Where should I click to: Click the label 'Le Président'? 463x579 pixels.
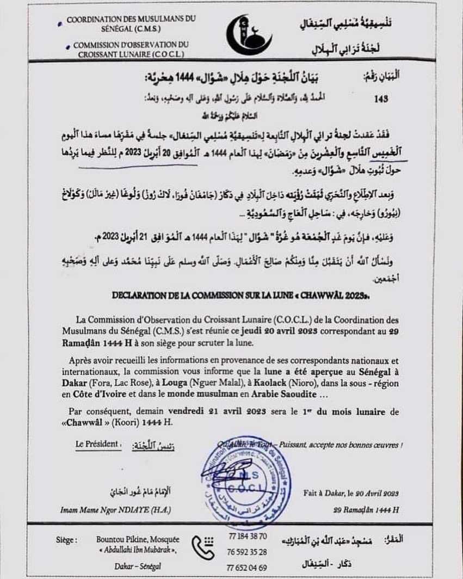click(x=97, y=444)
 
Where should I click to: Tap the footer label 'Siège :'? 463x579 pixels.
click(x=66, y=540)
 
